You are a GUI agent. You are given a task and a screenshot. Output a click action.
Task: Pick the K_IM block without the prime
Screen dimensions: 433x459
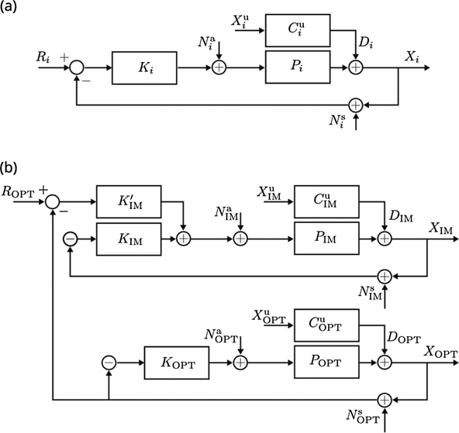(x=129, y=239)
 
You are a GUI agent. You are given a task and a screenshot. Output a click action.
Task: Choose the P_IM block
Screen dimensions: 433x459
(x=326, y=239)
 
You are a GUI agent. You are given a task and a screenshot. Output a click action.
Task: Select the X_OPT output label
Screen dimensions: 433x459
(x=439, y=349)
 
